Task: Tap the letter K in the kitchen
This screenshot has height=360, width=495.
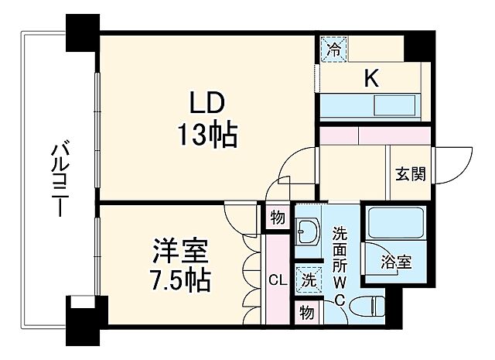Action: pyautogui.click(x=371, y=77)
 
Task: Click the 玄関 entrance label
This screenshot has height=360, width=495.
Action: pyautogui.click(x=410, y=173)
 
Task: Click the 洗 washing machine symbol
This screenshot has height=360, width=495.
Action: pyautogui.click(x=307, y=278)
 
